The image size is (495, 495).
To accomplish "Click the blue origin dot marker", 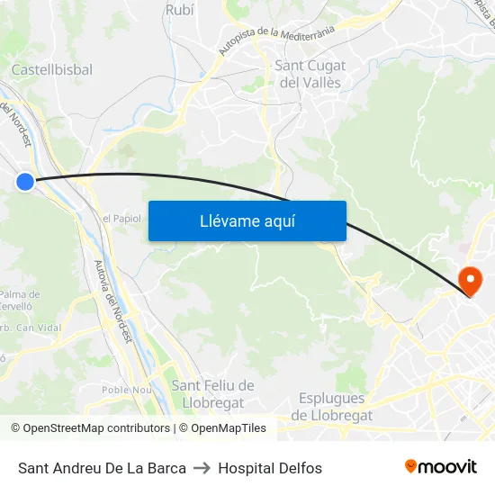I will (25, 182).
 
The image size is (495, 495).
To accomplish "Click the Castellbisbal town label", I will (51, 69).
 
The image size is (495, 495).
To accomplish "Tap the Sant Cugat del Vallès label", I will (310, 74).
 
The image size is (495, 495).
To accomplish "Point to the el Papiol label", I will (121, 218).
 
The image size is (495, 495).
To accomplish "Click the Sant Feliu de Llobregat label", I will (212, 394).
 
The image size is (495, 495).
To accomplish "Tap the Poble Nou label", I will (127, 390).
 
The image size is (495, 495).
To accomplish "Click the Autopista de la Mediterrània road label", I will (276, 40).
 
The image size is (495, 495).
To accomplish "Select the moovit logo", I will (441, 467).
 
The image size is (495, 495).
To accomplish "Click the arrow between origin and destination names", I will (202, 468).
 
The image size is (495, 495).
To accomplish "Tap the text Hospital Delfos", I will (270, 468).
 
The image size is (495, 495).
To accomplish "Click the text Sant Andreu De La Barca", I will (102, 468).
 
